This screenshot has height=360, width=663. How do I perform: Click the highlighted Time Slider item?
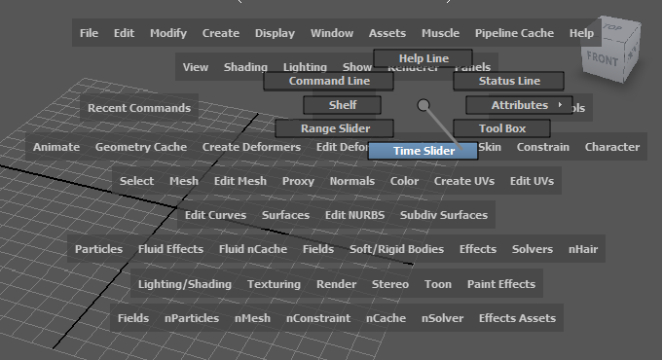[424, 151]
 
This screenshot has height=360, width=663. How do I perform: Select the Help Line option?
[423, 59]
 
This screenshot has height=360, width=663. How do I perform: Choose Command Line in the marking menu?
[328, 81]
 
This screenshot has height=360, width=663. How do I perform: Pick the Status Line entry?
[509, 81]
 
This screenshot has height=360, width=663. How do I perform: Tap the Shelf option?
[342, 104]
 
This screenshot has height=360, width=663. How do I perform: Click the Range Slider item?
[334, 127]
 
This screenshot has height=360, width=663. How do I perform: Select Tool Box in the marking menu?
[501, 127]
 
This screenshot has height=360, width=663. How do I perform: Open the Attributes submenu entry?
[521, 104]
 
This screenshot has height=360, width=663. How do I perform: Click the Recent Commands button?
[139, 107]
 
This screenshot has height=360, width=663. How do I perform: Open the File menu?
[89, 33]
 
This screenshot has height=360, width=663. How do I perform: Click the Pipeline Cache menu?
[514, 33]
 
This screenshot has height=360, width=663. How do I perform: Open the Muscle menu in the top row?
[440, 33]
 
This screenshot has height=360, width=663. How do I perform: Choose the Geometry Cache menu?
[140, 147]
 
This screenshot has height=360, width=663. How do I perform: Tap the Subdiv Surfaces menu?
[443, 215]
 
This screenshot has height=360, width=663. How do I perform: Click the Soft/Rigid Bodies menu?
[396, 249]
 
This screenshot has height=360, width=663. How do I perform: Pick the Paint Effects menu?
[500, 284]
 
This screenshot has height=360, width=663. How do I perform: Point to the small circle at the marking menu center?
[423, 105]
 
